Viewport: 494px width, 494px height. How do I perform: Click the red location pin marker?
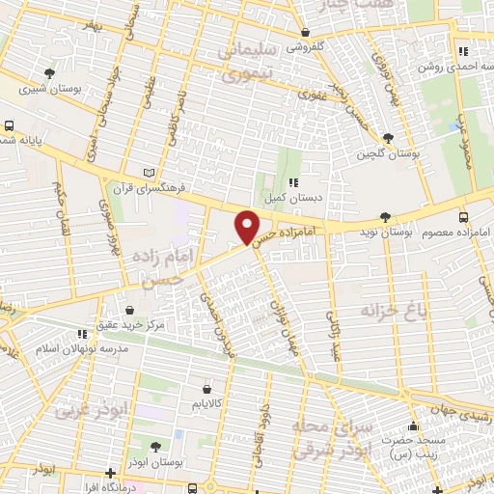click(247, 227)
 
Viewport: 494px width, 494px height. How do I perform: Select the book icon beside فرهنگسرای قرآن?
click(148, 173)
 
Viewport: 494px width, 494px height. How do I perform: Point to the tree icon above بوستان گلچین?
click(387, 138)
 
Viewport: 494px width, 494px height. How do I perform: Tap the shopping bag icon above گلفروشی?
click(304, 31)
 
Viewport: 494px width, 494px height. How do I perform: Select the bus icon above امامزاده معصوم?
click(463, 217)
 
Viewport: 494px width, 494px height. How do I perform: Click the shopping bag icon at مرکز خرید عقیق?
click(128, 310)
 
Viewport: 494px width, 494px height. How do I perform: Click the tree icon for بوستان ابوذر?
click(156, 445)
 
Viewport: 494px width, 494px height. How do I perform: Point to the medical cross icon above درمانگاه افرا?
click(113, 473)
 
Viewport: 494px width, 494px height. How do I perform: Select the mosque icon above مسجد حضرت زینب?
click(416, 425)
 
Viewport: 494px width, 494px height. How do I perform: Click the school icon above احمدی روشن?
click(462, 51)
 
